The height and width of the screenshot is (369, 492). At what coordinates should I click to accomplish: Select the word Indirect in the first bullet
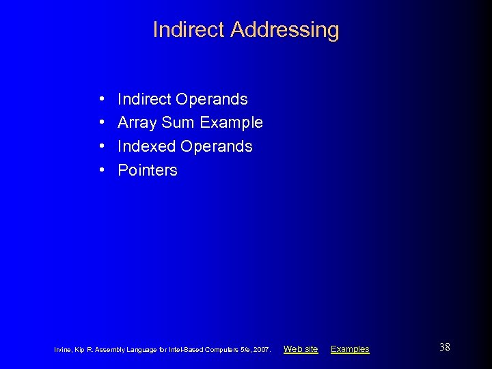(x=144, y=99)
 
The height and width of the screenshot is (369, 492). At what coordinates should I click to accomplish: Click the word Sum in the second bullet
(x=178, y=123)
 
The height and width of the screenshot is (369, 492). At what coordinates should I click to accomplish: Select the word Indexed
(x=146, y=146)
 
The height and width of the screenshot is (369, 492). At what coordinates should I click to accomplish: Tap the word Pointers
(x=148, y=170)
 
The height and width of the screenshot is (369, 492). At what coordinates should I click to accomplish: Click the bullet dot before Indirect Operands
(x=101, y=100)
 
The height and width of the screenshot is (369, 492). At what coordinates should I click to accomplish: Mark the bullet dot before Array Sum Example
(x=101, y=123)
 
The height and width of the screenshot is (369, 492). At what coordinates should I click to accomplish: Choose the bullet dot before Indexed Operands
(x=101, y=147)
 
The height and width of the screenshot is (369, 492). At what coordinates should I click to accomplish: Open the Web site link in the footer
(x=301, y=349)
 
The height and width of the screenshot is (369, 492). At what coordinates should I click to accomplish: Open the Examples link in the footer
(x=350, y=349)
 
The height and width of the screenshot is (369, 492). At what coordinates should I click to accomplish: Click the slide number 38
(x=444, y=348)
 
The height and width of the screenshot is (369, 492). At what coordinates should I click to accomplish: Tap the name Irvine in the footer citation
(x=62, y=350)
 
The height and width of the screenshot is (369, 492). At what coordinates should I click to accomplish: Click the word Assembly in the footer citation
(x=112, y=350)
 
